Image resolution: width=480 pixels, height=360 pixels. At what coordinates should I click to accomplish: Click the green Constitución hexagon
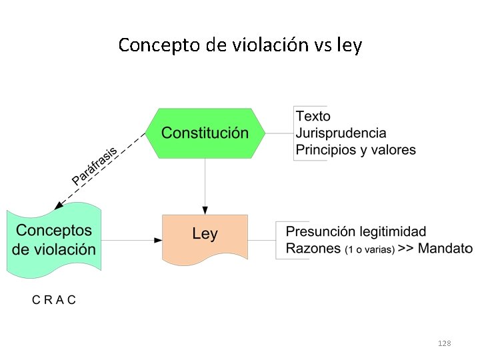[x=205, y=133]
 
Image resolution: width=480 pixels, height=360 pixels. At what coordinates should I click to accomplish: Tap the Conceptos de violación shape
[x=54, y=240]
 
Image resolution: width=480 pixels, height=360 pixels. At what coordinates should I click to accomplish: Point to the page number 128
[x=444, y=343]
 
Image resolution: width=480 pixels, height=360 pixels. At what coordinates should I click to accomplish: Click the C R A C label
[x=54, y=299]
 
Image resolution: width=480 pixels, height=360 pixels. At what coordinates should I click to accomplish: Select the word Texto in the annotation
[x=313, y=116]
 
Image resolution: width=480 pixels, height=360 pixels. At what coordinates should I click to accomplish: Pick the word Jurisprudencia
[x=341, y=133]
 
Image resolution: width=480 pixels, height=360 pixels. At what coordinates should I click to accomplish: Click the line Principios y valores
[x=355, y=149]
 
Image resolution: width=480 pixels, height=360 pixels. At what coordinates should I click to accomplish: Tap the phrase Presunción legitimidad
[x=355, y=232]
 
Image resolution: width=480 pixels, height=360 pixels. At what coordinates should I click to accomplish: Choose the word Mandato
[x=447, y=249]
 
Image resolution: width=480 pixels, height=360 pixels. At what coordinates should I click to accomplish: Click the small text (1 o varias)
[x=370, y=250]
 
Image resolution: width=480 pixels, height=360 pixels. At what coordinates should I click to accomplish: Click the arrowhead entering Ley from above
[x=205, y=210]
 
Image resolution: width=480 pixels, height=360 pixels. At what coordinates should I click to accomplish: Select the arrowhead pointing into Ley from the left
[x=158, y=240]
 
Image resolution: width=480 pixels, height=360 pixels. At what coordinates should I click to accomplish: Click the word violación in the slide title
[x=271, y=45]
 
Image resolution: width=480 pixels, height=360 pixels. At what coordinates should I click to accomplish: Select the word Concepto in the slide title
[x=159, y=45]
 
